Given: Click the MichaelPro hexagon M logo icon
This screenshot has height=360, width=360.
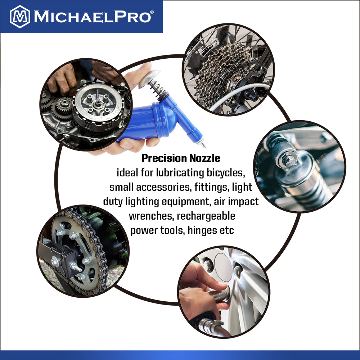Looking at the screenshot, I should pos(20,17).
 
